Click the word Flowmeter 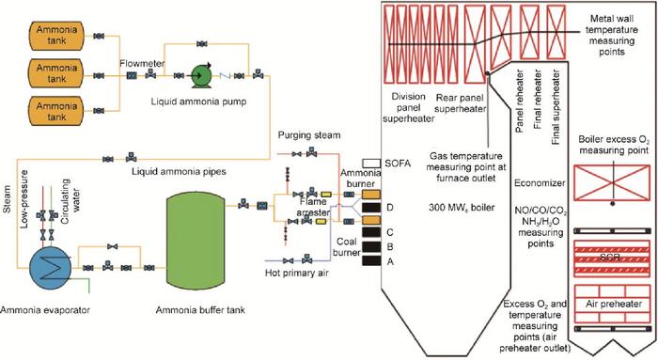[x=142, y=64]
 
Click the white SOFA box [x=369, y=163]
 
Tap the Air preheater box [x=612, y=304]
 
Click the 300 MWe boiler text [x=459, y=207]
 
